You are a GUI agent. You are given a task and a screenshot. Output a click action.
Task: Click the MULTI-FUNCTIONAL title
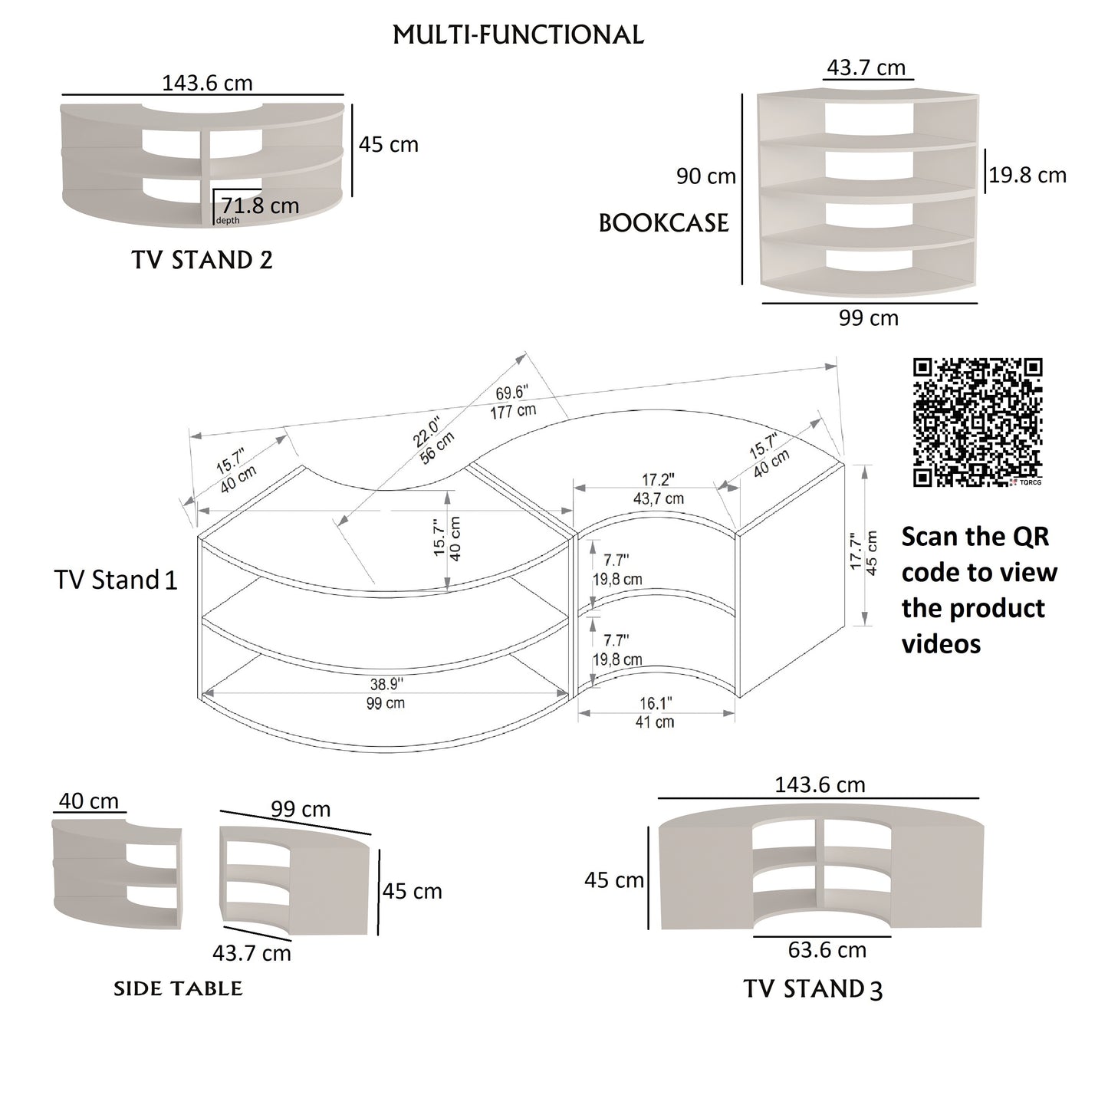[x=518, y=35]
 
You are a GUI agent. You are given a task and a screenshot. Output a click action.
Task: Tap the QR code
[x=978, y=422]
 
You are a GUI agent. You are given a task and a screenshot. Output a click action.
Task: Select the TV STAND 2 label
[x=202, y=260]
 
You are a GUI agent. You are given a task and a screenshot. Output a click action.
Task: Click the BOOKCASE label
[x=663, y=223]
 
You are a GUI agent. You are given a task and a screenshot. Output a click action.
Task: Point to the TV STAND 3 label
[x=813, y=989]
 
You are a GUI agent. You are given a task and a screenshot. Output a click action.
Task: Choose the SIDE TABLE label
[x=178, y=989]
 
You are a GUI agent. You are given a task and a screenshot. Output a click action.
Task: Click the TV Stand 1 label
[x=116, y=580]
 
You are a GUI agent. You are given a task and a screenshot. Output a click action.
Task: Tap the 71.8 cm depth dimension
[x=260, y=205]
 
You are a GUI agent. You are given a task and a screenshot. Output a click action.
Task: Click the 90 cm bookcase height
[x=705, y=176]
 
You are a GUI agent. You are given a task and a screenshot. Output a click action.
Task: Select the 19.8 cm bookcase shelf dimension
[x=1027, y=175]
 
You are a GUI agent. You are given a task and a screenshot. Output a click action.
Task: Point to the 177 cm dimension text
[x=513, y=411]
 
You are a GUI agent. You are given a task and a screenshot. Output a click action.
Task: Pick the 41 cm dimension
[x=655, y=722]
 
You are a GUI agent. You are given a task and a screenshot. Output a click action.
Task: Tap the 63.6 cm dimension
[x=827, y=950]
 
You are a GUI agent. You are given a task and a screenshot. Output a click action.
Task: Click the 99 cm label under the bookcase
[x=868, y=317]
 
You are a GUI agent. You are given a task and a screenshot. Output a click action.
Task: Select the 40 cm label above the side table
[x=89, y=801]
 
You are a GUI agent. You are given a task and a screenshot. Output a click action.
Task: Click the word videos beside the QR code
[x=941, y=643]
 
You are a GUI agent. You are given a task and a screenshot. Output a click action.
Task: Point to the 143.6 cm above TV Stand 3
[x=820, y=784]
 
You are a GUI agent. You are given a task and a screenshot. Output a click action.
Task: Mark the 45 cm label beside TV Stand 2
[x=389, y=144]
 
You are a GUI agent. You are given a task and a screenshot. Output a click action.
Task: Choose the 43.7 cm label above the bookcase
[x=866, y=67]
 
